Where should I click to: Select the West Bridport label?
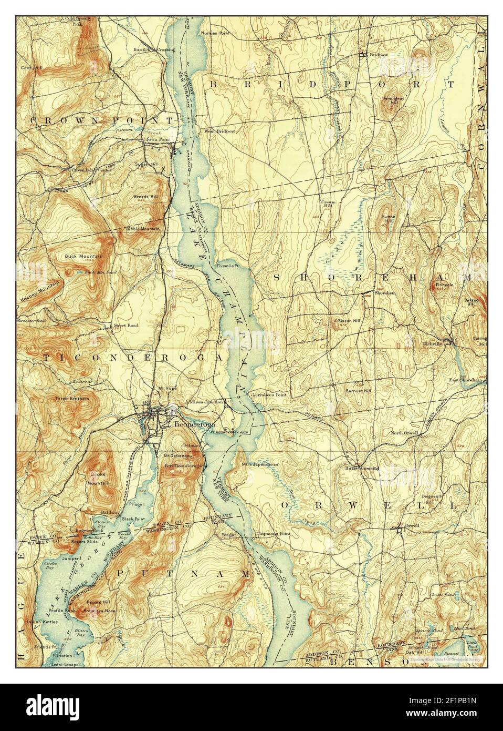[219, 131]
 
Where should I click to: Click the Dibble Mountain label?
[142, 229]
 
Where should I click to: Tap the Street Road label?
[126, 326]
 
